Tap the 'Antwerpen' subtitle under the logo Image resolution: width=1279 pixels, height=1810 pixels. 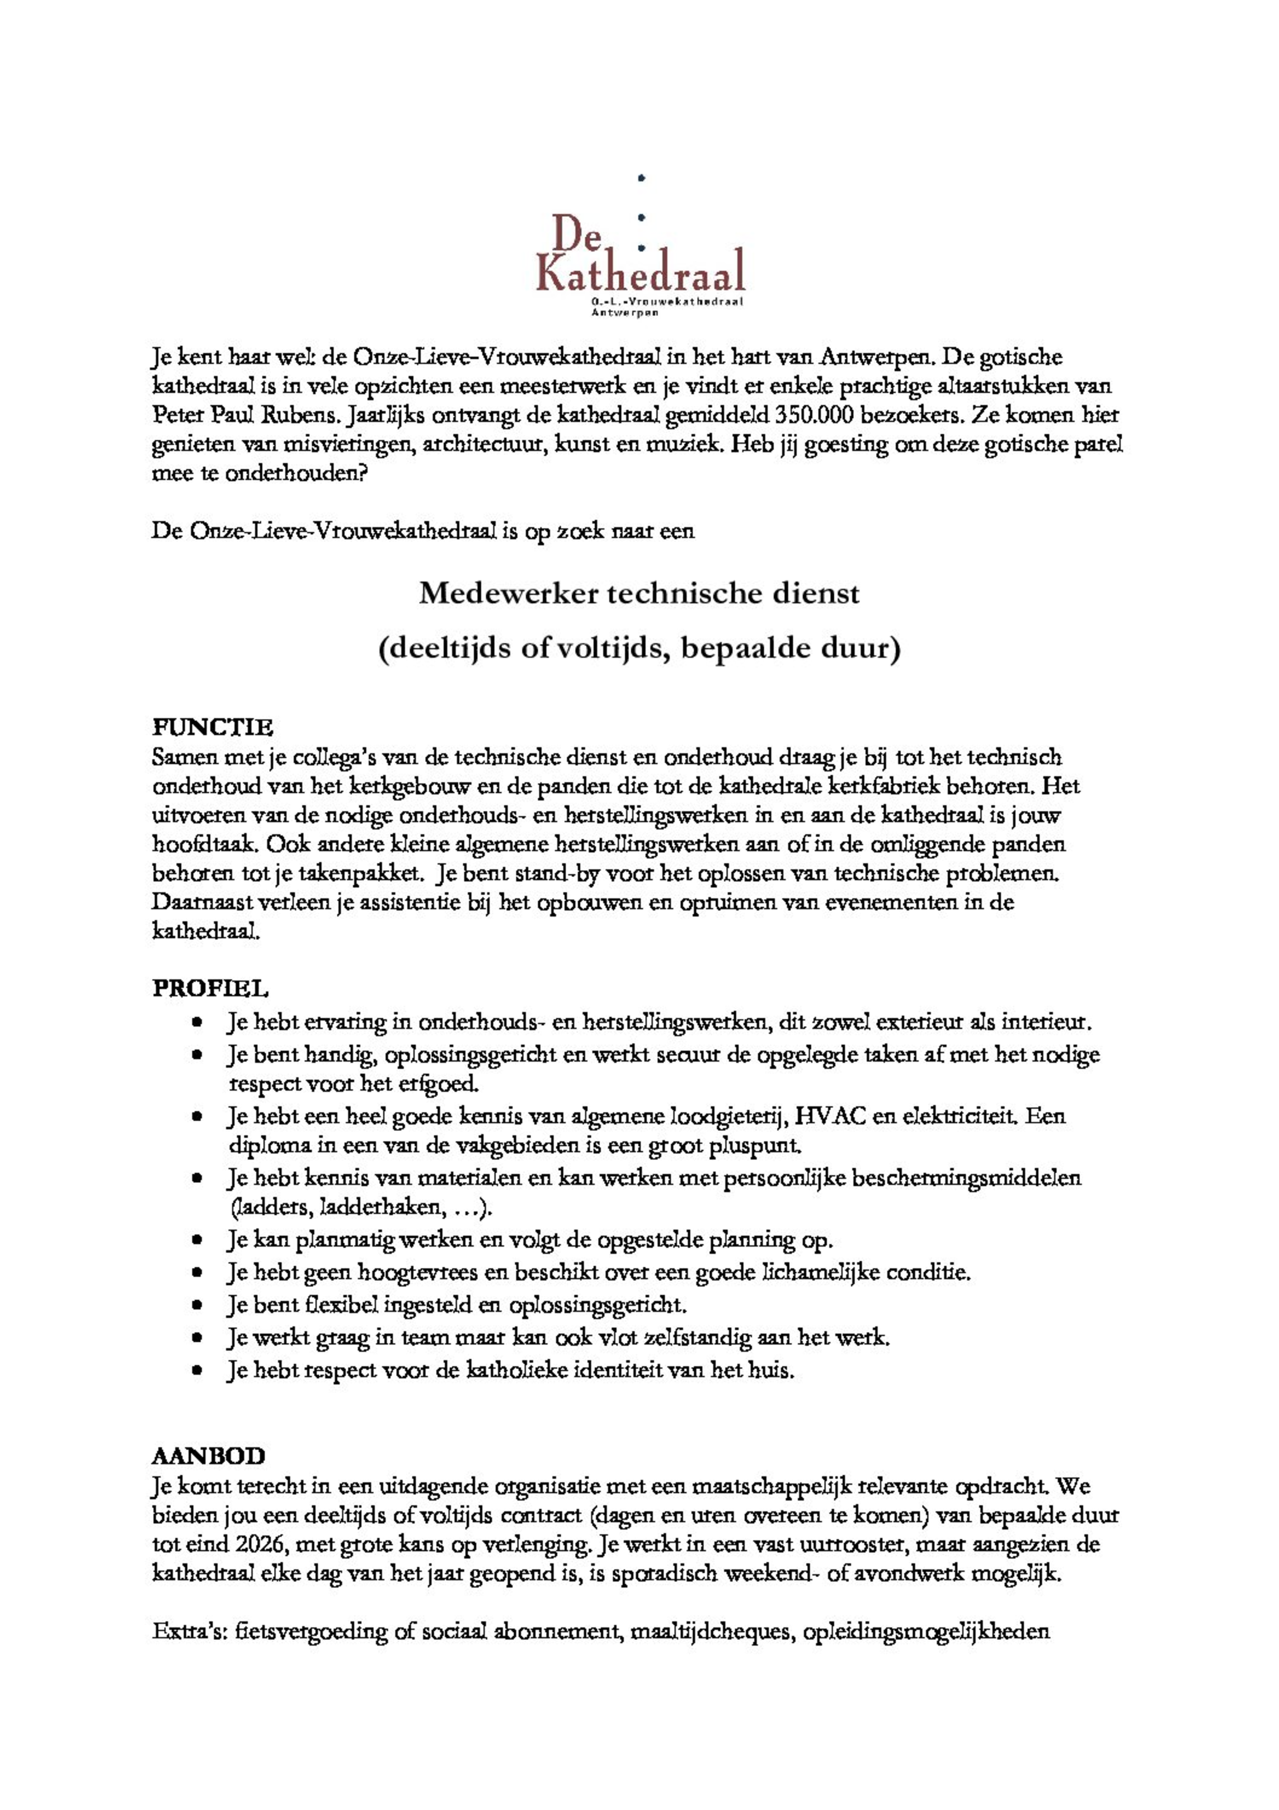(x=626, y=313)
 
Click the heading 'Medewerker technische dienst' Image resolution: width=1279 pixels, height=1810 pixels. (x=639, y=594)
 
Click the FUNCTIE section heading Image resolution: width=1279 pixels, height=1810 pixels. (x=213, y=726)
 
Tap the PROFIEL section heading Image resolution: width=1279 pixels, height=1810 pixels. (x=210, y=988)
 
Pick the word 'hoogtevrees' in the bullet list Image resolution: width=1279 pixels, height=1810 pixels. (x=419, y=1272)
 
